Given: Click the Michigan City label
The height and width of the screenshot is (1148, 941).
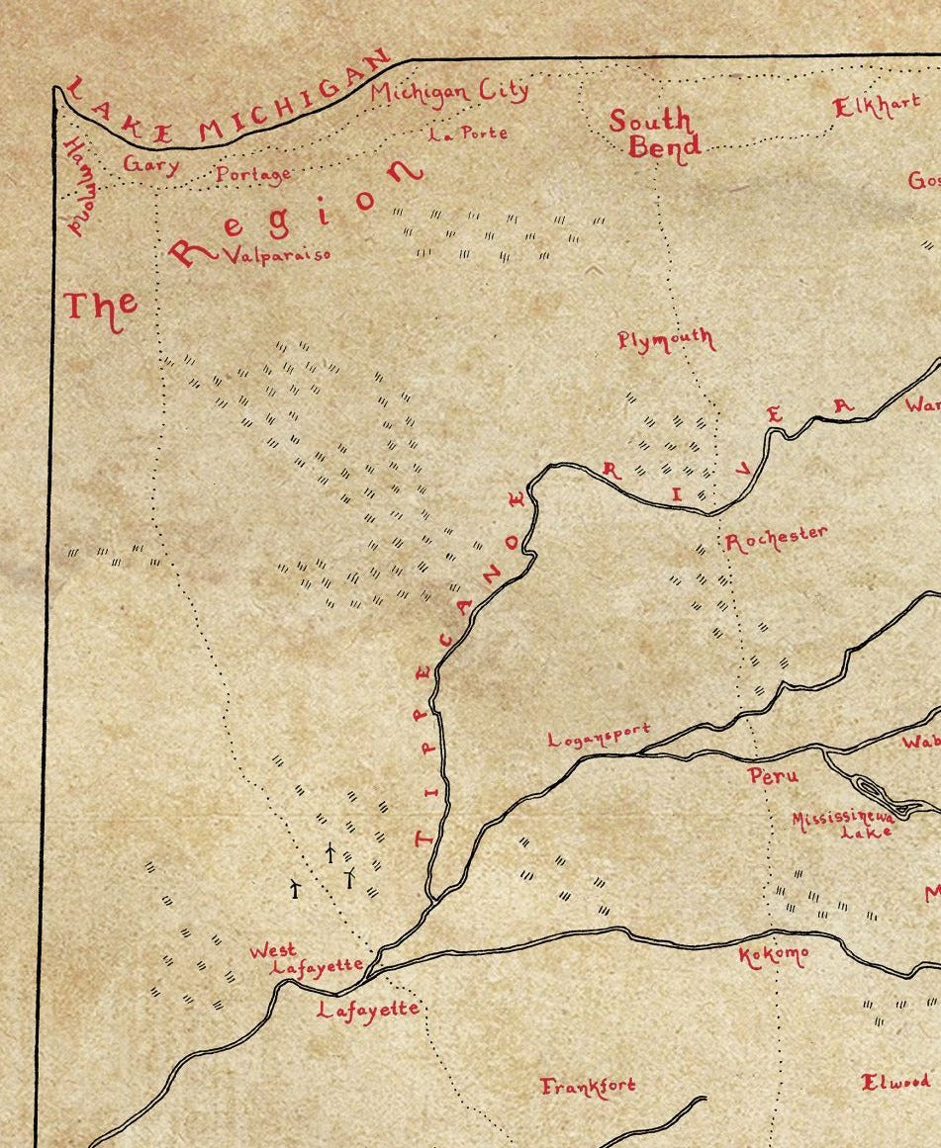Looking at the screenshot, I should point(449,92).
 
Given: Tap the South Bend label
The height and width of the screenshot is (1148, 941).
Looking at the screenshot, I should point(653,133).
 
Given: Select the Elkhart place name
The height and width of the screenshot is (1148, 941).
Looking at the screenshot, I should point(877,106).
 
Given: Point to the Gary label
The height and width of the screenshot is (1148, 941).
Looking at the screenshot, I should point(150,164).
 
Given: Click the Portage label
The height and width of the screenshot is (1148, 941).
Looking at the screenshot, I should point(253,175).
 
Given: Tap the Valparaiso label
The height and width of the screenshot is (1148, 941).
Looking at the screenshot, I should point(276,254).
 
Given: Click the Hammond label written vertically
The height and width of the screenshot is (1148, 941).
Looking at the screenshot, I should point(77,188).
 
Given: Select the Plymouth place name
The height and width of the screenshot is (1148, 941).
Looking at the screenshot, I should point(665,340).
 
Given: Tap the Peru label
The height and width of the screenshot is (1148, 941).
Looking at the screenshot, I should point(773,776).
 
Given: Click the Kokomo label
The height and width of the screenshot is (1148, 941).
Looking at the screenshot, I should point(773,955).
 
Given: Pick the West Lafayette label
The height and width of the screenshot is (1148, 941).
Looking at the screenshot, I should point(305,959).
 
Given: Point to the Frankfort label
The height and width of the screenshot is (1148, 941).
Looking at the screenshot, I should point(588,1086).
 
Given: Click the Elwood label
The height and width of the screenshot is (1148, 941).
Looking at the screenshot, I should point(895,1081).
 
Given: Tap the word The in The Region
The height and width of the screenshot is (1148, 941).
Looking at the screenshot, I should point(100,306).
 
